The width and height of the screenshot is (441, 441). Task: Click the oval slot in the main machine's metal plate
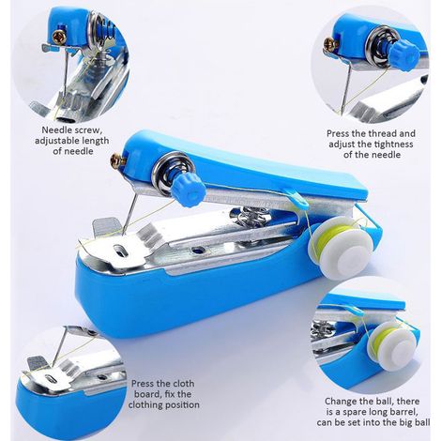tap(120, 250)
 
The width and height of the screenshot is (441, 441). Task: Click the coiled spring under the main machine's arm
tap(251, 216)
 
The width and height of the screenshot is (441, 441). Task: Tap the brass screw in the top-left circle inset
tap(59, 37)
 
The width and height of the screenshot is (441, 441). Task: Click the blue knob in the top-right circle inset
tap(404, 53)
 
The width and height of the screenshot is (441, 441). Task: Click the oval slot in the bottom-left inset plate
tap(51, 379)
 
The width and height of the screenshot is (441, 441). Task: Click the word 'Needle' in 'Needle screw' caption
tap(54, 129)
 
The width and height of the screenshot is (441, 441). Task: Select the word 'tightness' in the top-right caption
tap(394, 144)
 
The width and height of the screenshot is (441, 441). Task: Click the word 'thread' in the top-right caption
tap(380, 133)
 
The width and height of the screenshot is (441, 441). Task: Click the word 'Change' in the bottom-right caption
tap(341, 402)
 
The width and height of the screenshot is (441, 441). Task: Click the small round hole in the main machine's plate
tap(197, 250)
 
